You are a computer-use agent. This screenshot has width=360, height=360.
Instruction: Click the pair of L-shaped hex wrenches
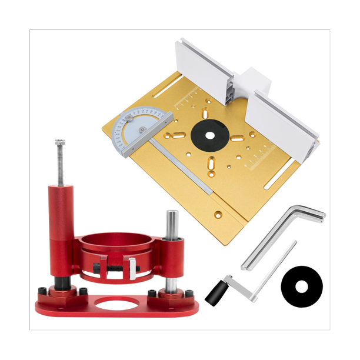(x=282, y=232)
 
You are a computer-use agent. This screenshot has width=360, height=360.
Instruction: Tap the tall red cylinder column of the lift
(x=61, y=229)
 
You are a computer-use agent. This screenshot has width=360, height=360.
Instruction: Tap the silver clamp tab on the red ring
(x=133, y=268)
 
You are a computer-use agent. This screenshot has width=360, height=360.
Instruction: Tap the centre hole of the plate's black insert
(x=206, y=131)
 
